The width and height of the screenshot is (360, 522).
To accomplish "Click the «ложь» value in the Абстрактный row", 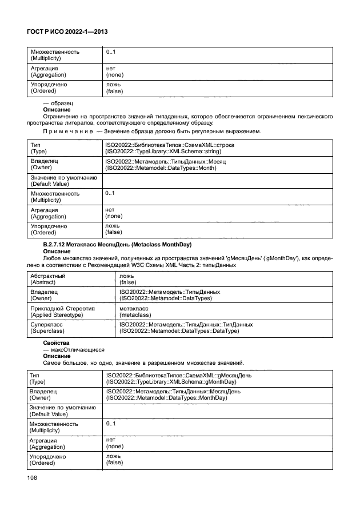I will click(127, 276).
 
